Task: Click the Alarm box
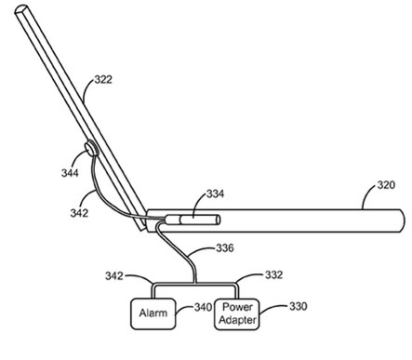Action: coord(153,313)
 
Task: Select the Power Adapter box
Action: coord(237,313)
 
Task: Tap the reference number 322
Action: coord(103,80)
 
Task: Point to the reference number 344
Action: coord(70,173)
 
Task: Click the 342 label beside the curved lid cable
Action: coord(79,213)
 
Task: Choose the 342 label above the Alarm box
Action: coord(114,275)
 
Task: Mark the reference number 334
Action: coord(215,193)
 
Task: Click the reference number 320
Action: coord(386,185)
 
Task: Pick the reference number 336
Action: coord(225,248)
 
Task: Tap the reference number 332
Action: coord(273,274)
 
